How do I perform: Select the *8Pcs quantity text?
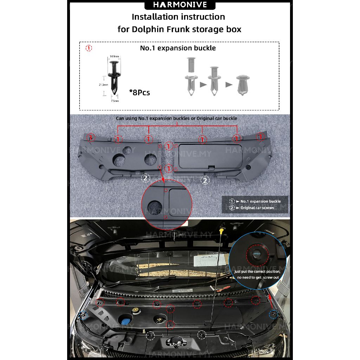pos(140,92)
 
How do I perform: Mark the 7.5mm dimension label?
pos(115,101)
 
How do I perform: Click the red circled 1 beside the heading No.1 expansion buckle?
pos(89,48)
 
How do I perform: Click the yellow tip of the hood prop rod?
pos(222,230)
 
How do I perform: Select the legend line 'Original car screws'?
pos(257,208)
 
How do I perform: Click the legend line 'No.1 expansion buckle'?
pos(260,201)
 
